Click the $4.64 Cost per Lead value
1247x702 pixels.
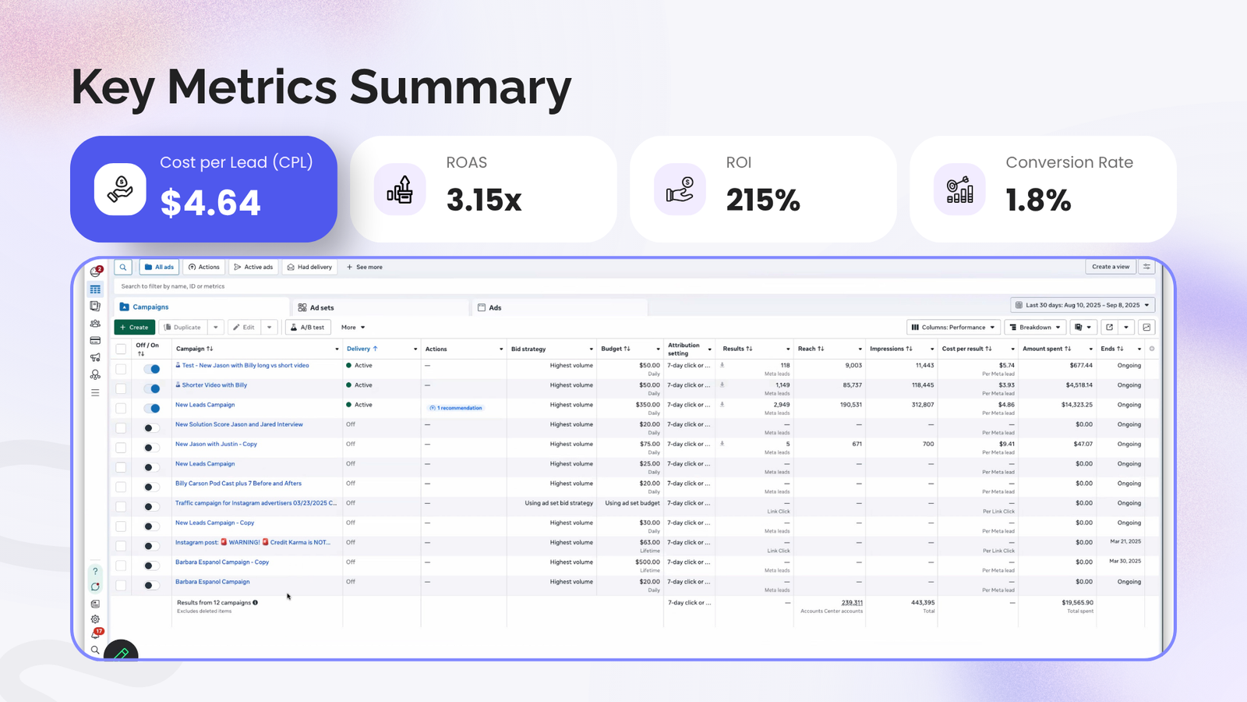(x=210, y=203)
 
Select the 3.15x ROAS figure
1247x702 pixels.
(x=484, y=200)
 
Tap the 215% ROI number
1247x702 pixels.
(x=763, y=200)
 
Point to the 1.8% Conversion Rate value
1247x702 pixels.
(x=1038, y=200)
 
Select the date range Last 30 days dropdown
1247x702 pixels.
(x=1083, y=305)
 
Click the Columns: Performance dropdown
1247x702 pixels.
(x=953, y=328)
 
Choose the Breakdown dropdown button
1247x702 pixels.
(x=1035, y=328)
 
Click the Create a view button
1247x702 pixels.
(x=1111, y=267)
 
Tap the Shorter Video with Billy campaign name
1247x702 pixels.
(x=214, y=385)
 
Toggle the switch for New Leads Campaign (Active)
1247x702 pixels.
(x=152, y=408)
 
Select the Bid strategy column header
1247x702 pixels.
(x=528, y=349)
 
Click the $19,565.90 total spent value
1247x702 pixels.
(x=1077, y=602)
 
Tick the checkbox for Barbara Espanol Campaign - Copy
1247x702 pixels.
(x=121, y=565)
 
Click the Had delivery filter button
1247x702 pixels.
(x=309, y=267)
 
